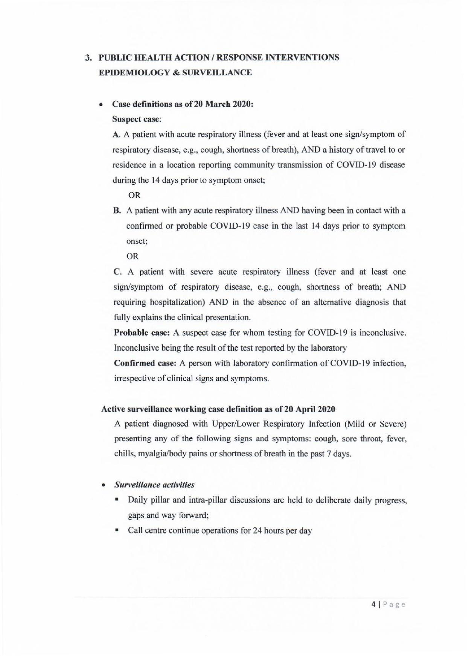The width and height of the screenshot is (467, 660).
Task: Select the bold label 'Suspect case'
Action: click(136, 119)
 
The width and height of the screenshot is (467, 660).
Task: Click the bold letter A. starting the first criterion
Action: click(116, 135)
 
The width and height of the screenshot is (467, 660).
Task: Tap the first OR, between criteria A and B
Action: click(134, 196)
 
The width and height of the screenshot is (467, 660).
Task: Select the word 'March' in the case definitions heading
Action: click(219, 104)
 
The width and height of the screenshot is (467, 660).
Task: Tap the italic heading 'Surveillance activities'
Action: click(154, 485)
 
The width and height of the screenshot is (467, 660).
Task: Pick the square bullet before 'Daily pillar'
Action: click(117, 500)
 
